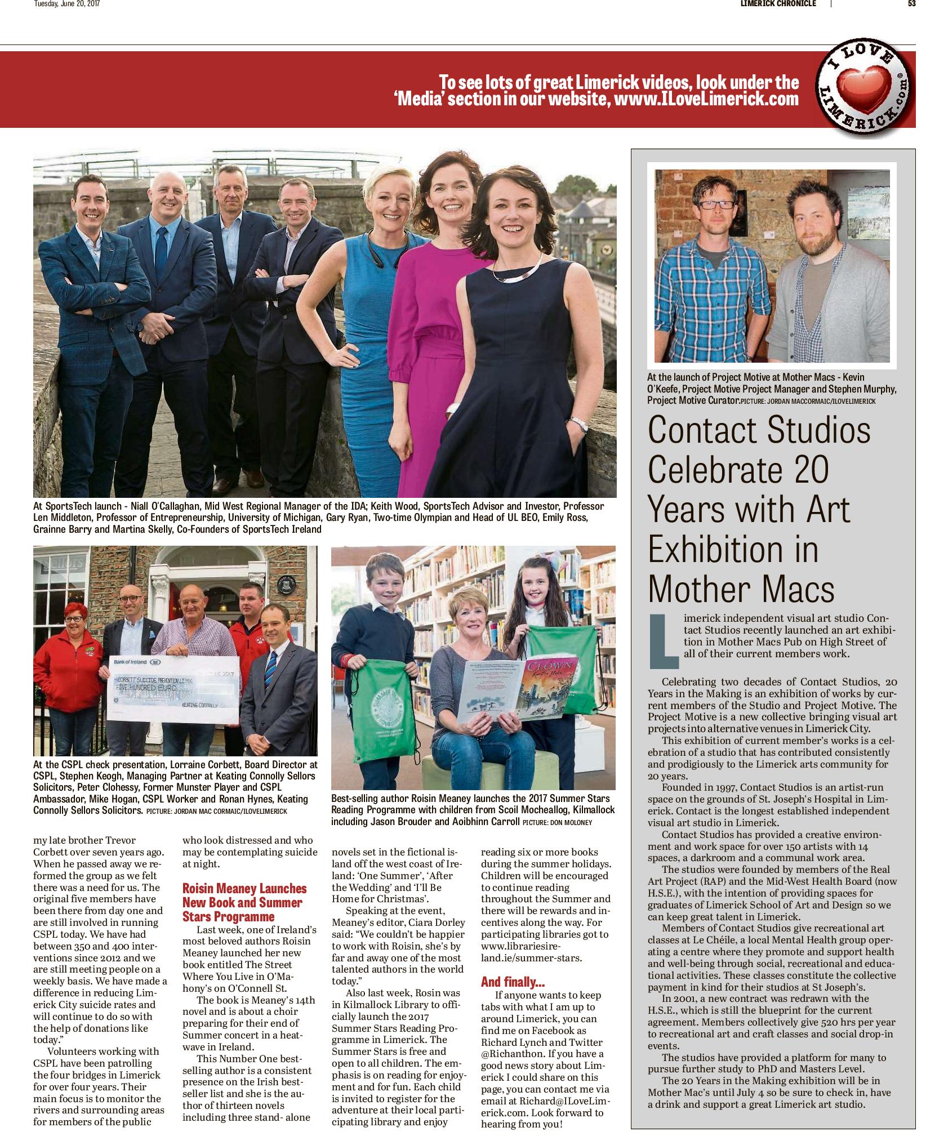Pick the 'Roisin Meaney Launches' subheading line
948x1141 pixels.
(x=244, y=889)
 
